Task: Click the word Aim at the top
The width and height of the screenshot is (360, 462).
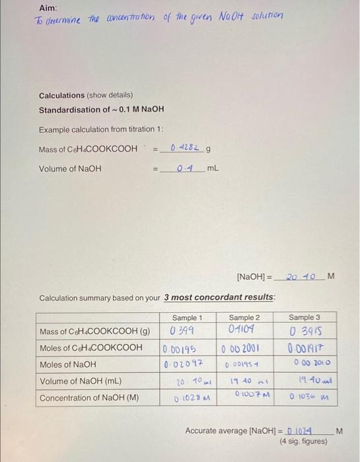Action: [47, 7]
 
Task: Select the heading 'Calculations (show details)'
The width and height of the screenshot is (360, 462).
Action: [86, 96]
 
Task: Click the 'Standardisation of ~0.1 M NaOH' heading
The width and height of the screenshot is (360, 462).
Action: [101, 110]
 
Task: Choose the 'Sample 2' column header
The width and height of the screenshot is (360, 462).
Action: [244, 318]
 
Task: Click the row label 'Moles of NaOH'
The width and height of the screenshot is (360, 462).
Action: [68, 364]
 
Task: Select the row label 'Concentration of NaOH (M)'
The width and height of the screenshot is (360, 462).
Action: [89, 398]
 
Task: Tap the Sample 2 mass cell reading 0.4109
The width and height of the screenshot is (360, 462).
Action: [242, 330]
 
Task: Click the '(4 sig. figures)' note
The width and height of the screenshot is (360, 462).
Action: [303, 441]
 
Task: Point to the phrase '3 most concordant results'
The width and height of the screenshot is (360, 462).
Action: [219, 298]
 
